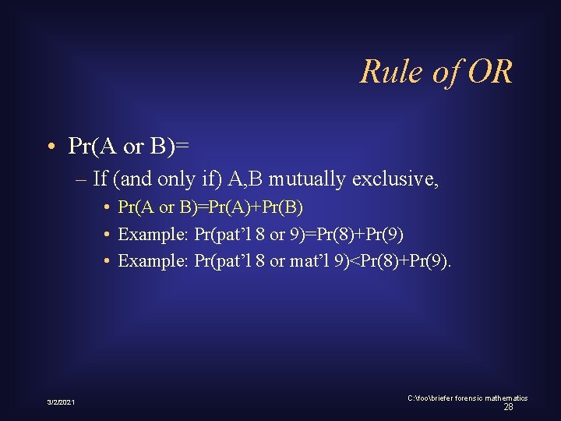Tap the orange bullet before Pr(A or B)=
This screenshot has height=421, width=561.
[50, 147]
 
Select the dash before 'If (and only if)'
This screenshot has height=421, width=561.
[83, 179]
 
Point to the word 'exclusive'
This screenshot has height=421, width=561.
[395, 179]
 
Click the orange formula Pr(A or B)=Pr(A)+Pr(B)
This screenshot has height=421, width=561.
[210, 208]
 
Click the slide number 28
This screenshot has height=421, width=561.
[508, 407]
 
